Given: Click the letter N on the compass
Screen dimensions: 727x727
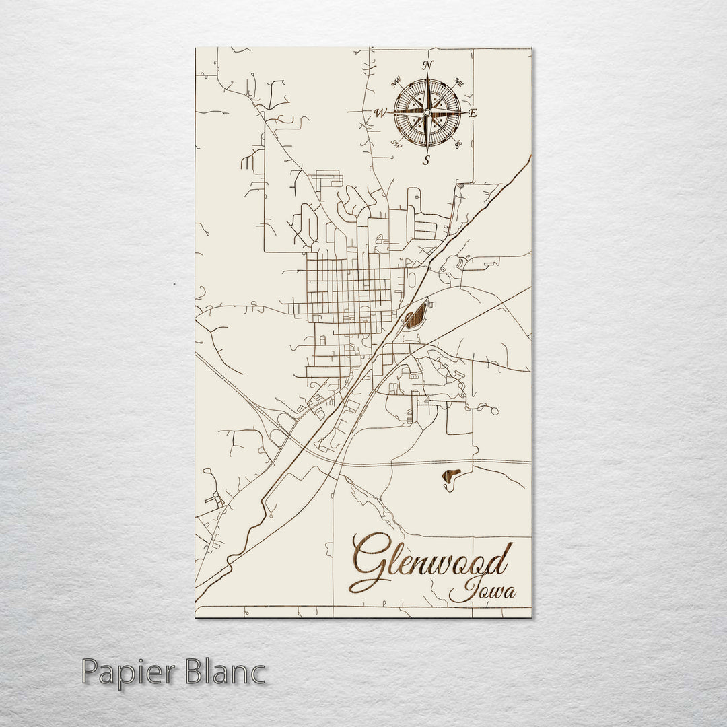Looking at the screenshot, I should pyautogui.click(x=426, y=65).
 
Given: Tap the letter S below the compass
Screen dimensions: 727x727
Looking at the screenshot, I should pyautogui.click(x=426, y=160).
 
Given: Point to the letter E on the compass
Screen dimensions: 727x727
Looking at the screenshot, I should pyautogui.click(x=473, y=113).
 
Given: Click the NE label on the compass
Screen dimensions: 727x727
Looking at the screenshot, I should pyautogui.click(x=458, y=82).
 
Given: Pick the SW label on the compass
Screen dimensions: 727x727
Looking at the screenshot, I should pyautogui.click(x=396, y=143).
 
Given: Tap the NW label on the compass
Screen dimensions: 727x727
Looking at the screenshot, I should pyautogui.click(x=396, y=83).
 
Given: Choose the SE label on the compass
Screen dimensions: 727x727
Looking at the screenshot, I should pyautogui.click(x=458, y=143).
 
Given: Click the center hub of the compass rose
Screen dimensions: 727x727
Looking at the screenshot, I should pyautogui.click(x=427, y=112).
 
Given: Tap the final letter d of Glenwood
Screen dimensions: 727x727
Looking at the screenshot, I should pyautogui.click(x=501, y=559).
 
